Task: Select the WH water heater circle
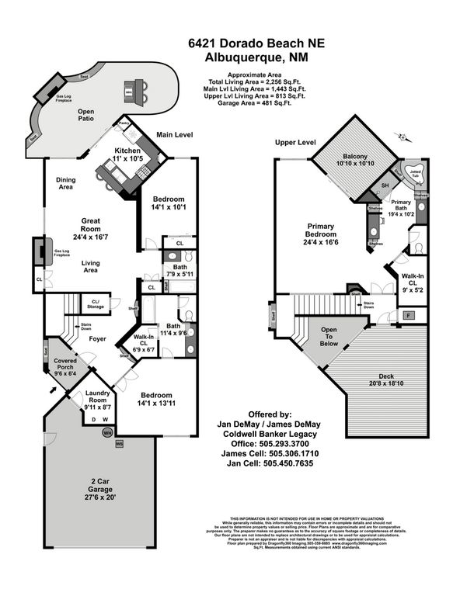point(109,432)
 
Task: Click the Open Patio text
point(85,116)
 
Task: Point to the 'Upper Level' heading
point(294,143)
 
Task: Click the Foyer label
point(97,338)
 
